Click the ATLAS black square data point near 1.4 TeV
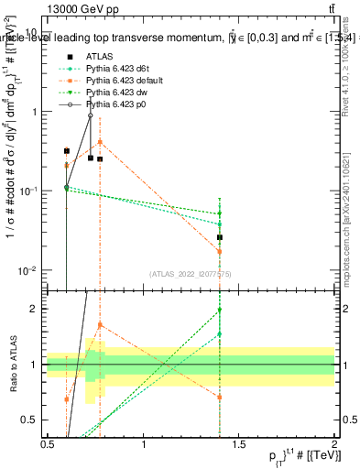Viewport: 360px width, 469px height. pos(220,237)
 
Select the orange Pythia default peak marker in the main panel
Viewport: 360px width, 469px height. pos(100,142)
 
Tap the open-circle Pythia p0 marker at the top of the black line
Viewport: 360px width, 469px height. pos(90,115)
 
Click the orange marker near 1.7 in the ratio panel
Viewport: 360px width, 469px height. pos(100,325)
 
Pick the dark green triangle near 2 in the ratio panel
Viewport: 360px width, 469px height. pos(220,311)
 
